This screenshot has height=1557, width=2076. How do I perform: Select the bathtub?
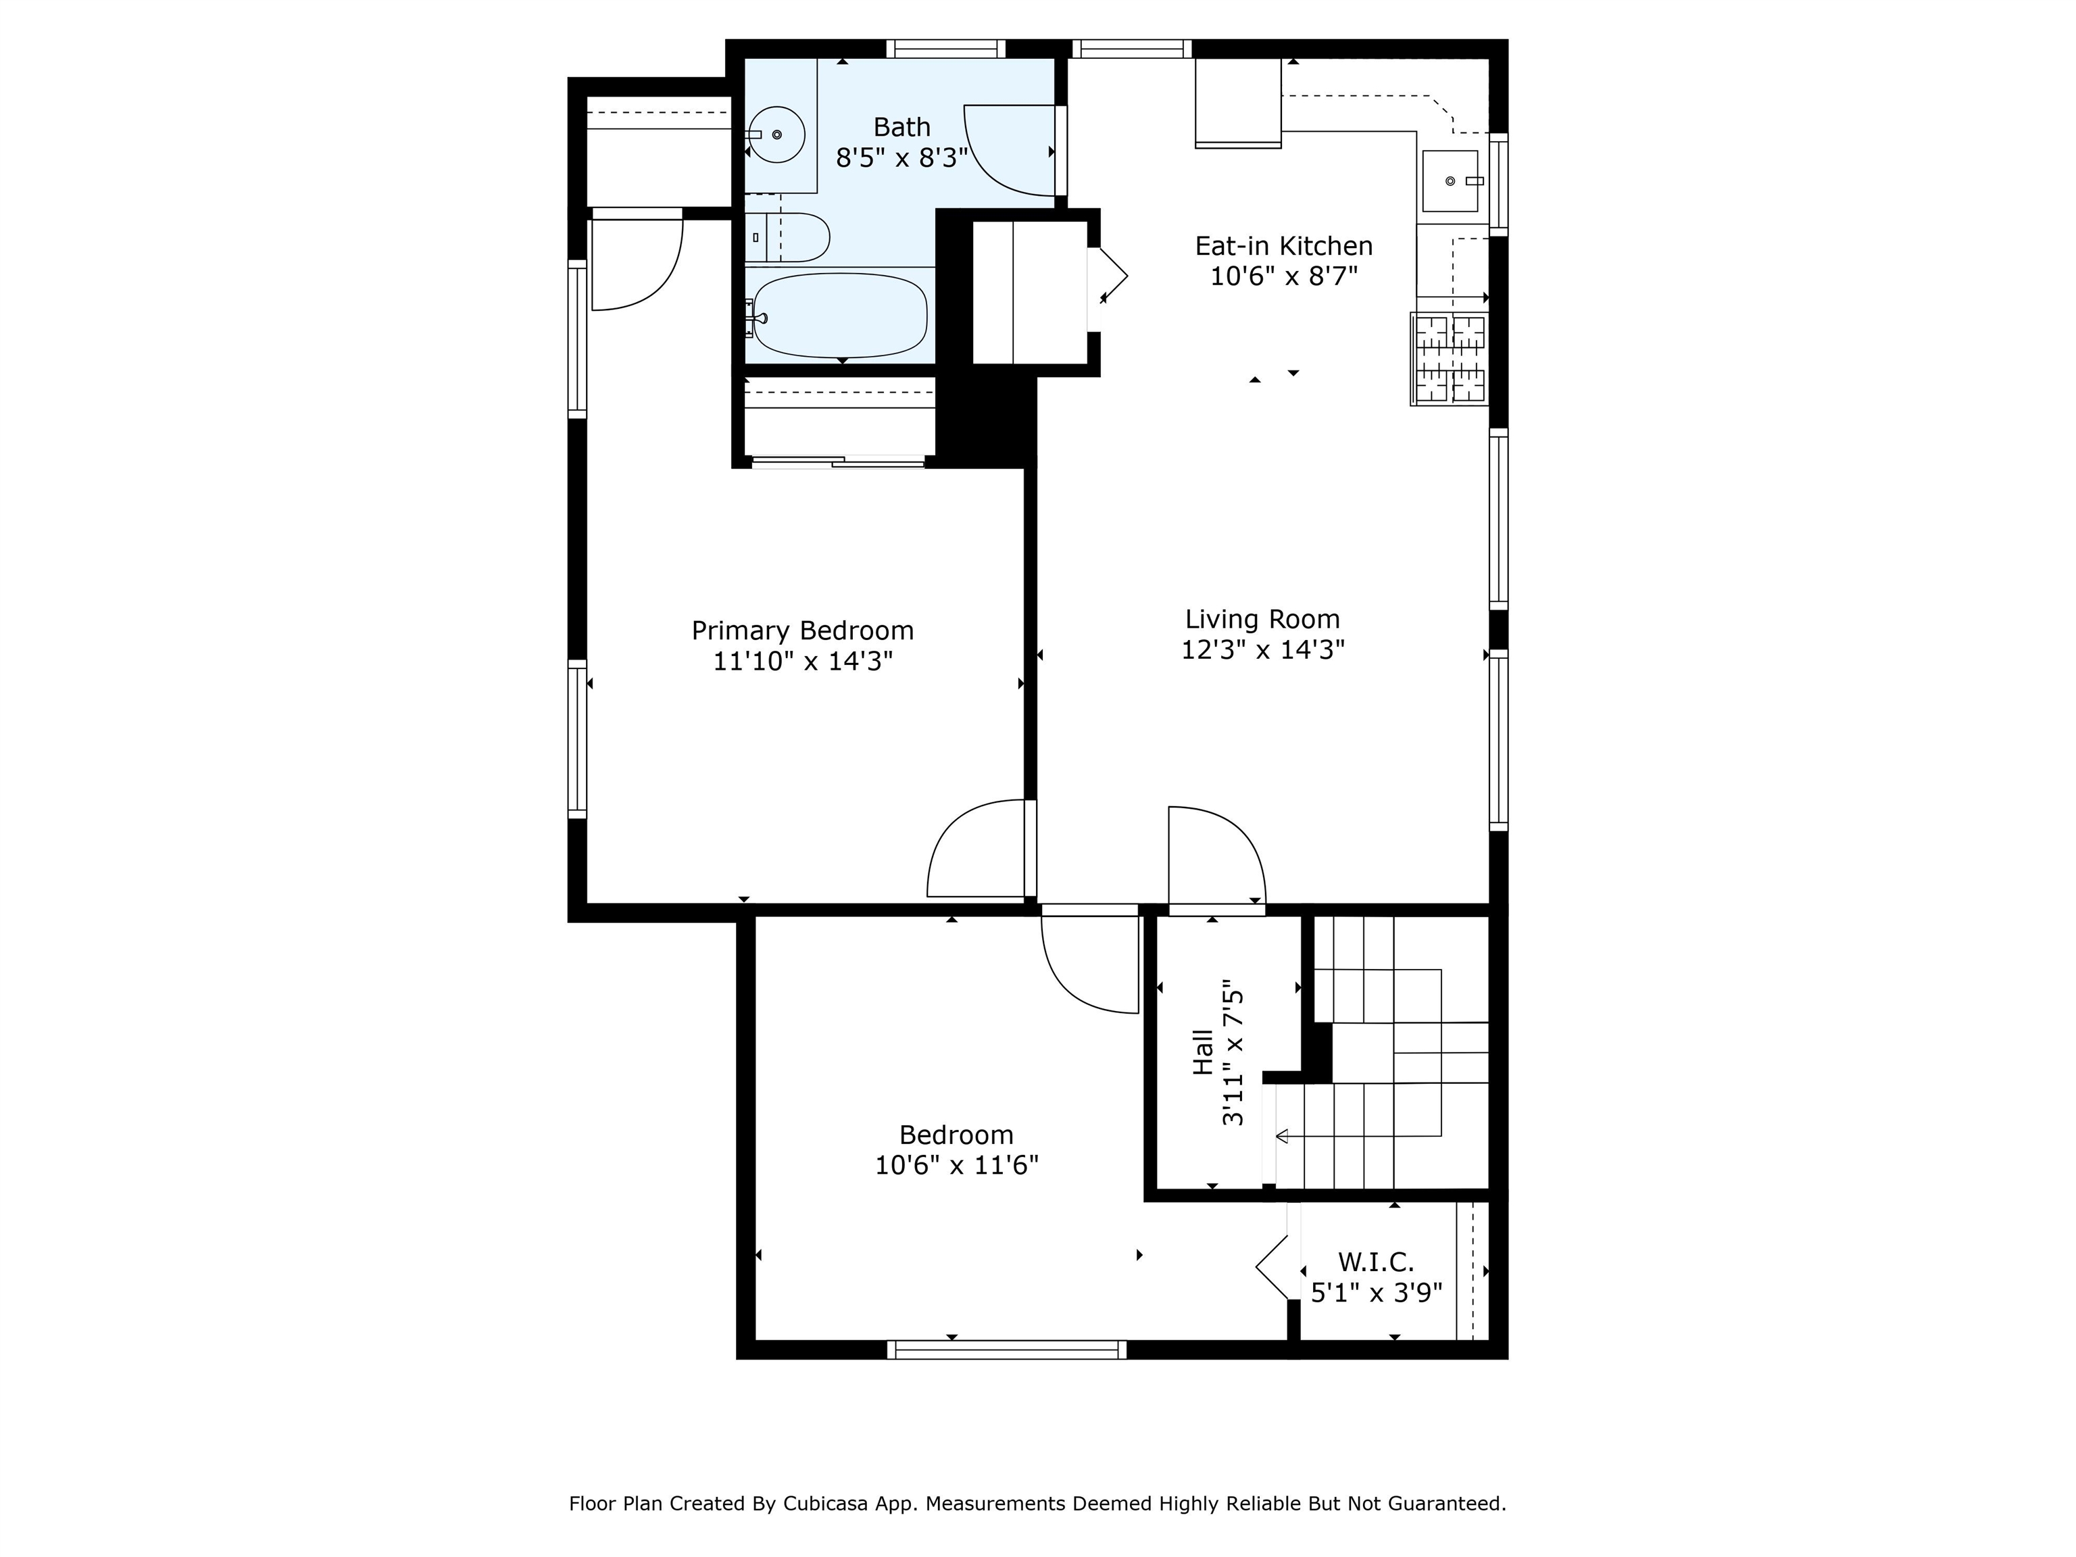click(x=840, y=316)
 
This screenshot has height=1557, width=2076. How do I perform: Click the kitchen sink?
click(x=1451, y=180)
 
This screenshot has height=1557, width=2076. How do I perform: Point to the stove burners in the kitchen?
click(x=1450, y=360)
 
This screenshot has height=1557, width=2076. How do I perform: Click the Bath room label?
click(x=902, y=126)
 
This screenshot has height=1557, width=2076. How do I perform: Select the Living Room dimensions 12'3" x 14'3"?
click(x=1262, y=649)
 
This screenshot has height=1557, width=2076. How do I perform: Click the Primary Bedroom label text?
click(x=802, y=631)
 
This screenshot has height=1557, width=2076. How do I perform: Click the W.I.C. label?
click(x=1376, y=1262)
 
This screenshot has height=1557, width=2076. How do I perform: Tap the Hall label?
click(x=1202, y=1052)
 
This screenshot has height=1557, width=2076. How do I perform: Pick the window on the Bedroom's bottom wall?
click(x=1006, y=1350)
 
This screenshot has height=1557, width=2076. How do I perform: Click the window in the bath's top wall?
click(x=946, y=49)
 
